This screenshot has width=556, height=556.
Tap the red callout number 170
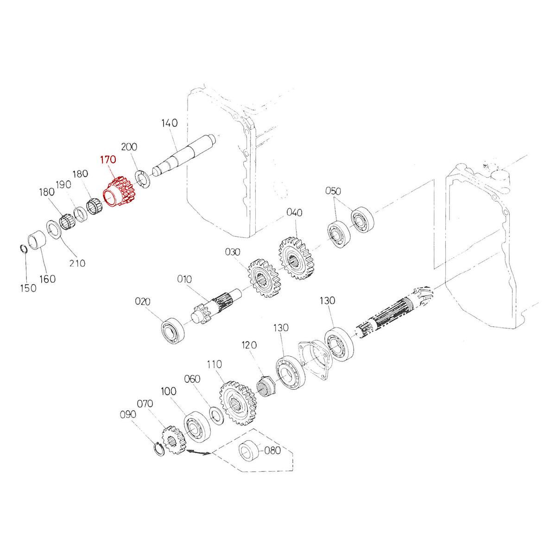coord(108,160)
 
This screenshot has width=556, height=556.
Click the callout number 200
coord(129,147)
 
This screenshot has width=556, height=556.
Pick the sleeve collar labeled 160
coord(36,241)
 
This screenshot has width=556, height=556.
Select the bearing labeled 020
coord(172,330)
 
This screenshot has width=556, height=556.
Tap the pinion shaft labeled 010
coord(218,303)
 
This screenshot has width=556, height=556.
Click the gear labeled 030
coord(262,278)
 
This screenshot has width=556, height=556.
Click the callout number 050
coord(333,191)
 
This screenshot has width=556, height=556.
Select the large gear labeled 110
coord(238,403)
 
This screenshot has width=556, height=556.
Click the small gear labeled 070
coord(172,440)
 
